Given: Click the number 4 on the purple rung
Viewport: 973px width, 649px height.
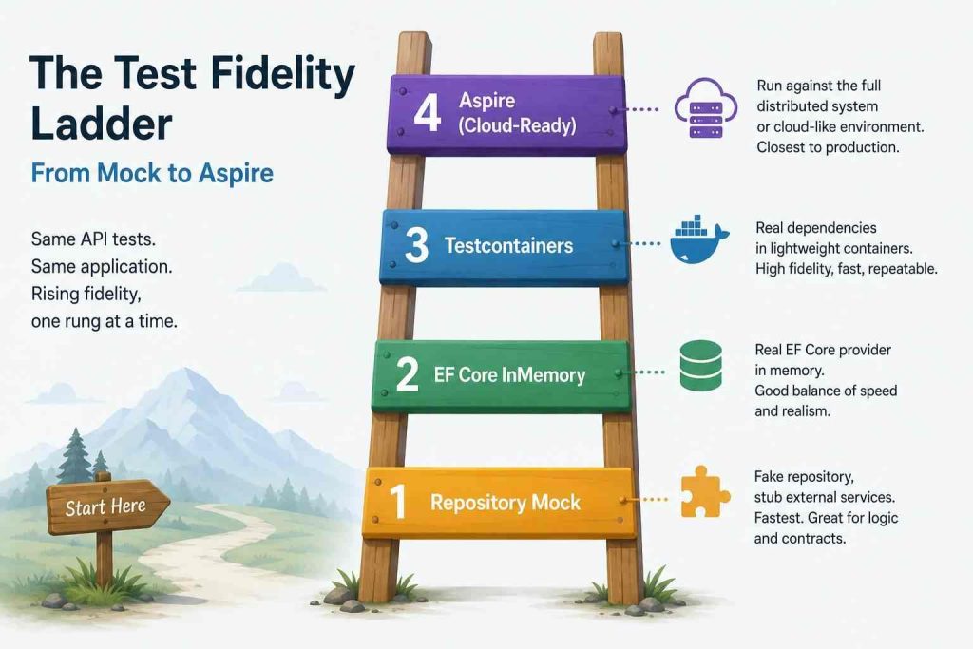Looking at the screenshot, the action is pyautogui.click(x=428, y=113).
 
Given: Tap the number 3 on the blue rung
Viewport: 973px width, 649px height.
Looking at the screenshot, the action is pyautogui.click(x=416, y=244).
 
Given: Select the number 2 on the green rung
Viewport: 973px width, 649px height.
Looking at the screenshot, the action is pyautogui.click(x=407, y=373).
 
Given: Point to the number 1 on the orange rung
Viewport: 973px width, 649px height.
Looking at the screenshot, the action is pyautogui.click(x=397, y=501).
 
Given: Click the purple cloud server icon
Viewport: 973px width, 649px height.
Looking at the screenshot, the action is pyautogui.click(x=706, y=108).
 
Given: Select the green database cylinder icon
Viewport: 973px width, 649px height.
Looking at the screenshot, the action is pyautogui.click(x=700, y=366).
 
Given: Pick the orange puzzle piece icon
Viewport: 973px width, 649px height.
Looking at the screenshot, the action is pyautogui.click(x=705, y=491).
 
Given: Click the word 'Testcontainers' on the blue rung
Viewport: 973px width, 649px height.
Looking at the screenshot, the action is pyautogui.click(x=509, y=246).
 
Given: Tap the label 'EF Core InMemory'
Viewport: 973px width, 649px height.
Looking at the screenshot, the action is pyautogui.click(x=509, y=375).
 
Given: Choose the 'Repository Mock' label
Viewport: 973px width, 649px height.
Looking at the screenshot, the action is pyautogui.click(x=506, y=502).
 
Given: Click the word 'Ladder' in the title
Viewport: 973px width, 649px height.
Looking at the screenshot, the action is pyautogui.click(x=101, y=124).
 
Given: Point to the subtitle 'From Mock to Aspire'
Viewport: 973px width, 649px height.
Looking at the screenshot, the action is pyautogui.click(x=152, y=173).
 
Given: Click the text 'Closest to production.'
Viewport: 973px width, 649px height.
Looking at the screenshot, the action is pyautogui.click(x=828, y=147).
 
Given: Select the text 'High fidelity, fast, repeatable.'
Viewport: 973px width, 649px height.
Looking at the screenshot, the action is pyautogui.click(x=847, y=269).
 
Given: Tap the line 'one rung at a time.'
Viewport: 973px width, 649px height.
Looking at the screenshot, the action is pyautogui.click(x=105, y=321).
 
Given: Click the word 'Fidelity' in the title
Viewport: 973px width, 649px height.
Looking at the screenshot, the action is pyautogui.click(x=283, y=74).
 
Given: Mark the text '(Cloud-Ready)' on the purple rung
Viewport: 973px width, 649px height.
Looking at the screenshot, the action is pyautogui.click(x=518, y=126).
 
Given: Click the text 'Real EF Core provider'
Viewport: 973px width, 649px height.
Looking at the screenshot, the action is pyautogui.click(x=823, y=350).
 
